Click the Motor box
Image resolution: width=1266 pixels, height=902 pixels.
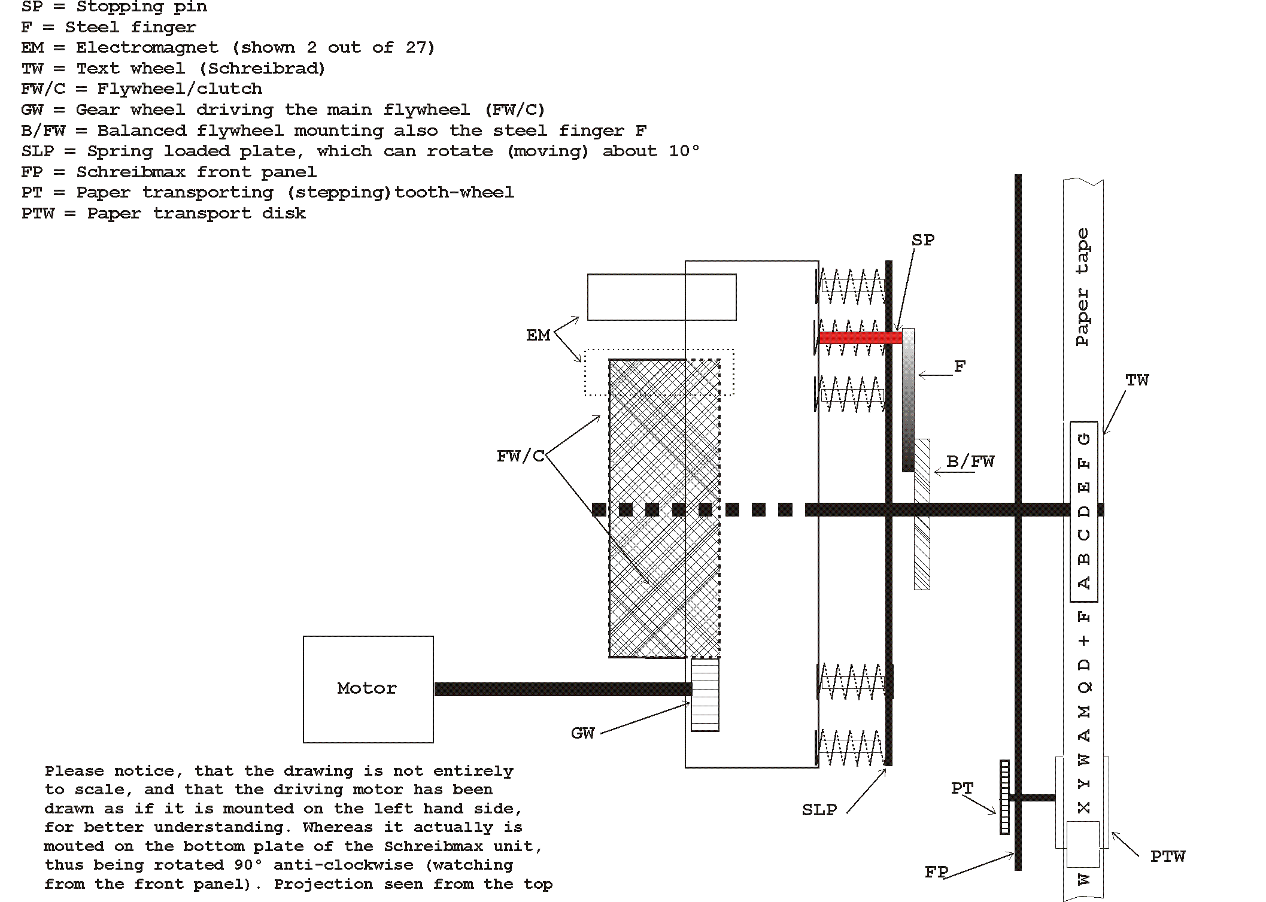tap(368, 689)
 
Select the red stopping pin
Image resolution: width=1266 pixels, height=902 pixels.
tap(860, 338)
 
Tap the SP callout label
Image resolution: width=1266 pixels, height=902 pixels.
tap(922, 240)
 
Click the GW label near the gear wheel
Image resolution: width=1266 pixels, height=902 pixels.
tap(582, 733)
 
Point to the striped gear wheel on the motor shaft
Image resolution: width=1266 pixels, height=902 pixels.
tap(705, 694)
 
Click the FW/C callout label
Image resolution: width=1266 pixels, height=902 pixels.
tap(520, 457)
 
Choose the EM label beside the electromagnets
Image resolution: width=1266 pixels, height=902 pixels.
tap(538, 336)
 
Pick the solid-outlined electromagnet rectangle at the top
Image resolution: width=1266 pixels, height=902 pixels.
tap(661, 297)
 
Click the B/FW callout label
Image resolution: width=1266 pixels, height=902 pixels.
tap(970, 462)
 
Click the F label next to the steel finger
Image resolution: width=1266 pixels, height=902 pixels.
tap(960, 366)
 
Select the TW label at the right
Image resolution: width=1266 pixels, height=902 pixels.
tap(1137, 381)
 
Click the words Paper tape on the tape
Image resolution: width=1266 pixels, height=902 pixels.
tap(1082, 287)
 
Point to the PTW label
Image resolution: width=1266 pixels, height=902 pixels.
tap(1167, 857)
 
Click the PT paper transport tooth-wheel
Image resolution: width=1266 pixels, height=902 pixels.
tap(1004, 797)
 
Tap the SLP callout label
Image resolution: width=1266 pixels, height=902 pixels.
tap(819, 810)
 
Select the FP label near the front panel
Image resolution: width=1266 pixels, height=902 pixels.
tap(936, 872)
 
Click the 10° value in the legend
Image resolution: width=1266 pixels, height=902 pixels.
tap(684, 151)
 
